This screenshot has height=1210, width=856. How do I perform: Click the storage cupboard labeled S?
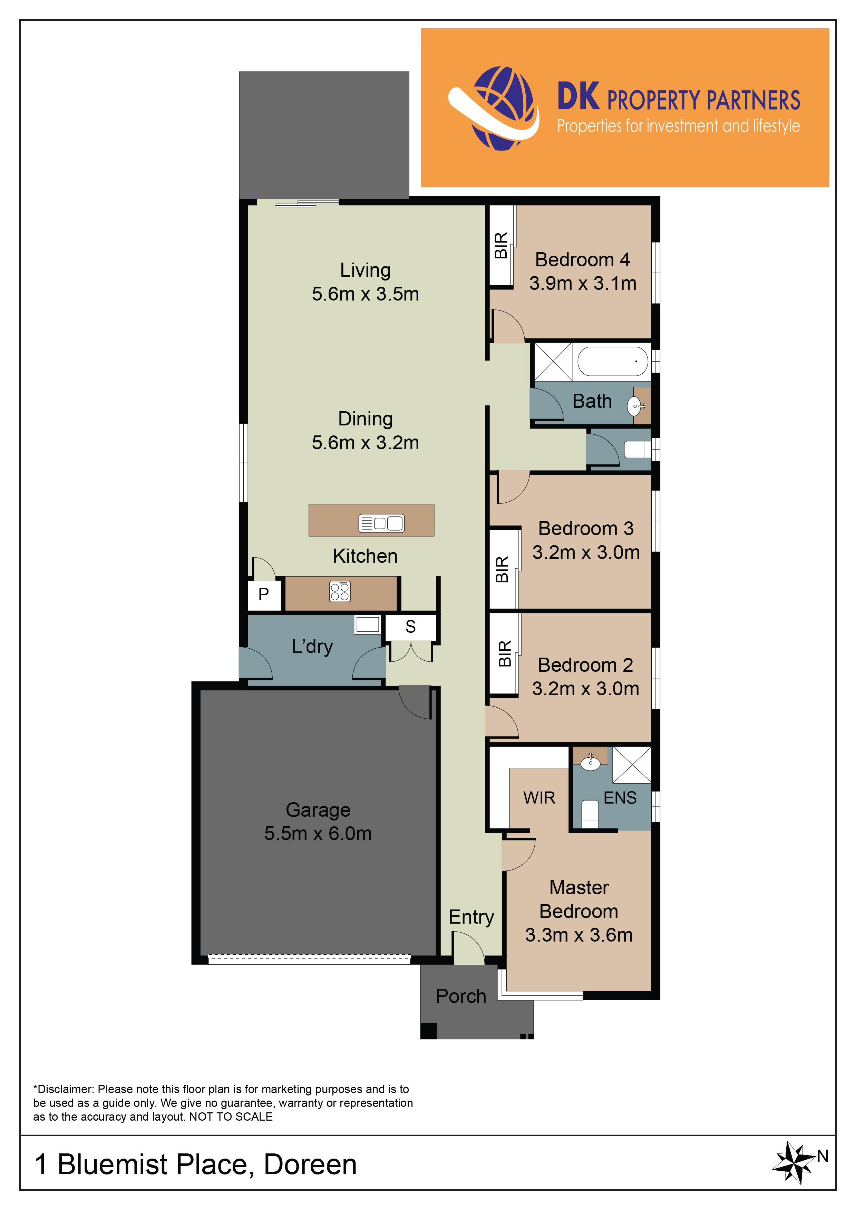(x=411, y=627)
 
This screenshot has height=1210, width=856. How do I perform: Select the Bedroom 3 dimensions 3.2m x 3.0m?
(x=586, y=552)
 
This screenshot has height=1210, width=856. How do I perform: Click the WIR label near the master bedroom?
(x=539, y=798)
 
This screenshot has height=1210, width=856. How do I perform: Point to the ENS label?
(x=620, y=798)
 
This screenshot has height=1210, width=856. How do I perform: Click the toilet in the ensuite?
(x=590, y=815)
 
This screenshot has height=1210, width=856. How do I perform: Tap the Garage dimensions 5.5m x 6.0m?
(x=318, y=834)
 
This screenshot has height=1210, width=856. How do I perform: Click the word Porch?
(x=461, y=996)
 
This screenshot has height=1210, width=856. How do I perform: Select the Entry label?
(x=471, y=917)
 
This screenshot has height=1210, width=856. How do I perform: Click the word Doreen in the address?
(x=310, y=1165)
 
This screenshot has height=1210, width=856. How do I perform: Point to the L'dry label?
(x=312, y=647)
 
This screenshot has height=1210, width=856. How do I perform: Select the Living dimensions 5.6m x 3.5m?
(x=365, y=294)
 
